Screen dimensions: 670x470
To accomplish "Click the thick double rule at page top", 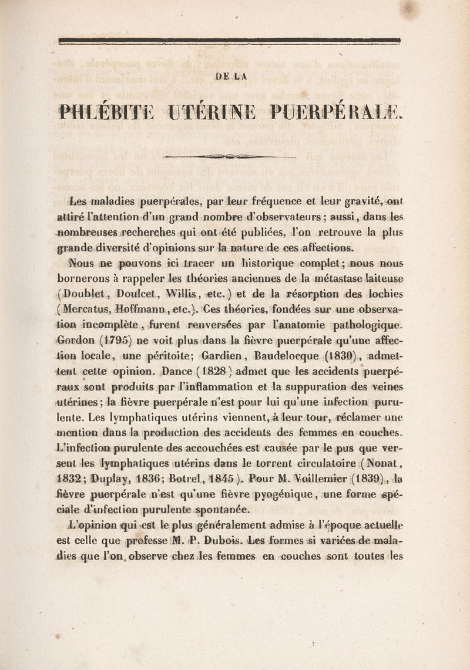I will click(233, 41).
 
